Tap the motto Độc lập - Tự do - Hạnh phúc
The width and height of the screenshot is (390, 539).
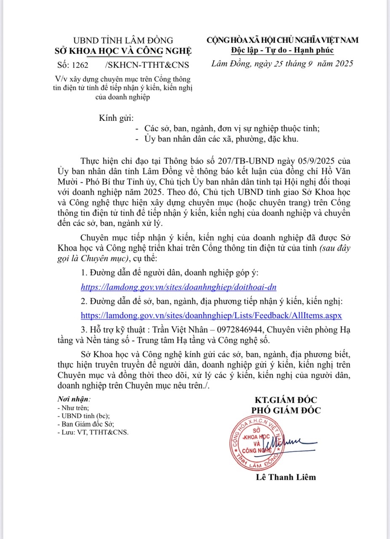click(x=282, y=51)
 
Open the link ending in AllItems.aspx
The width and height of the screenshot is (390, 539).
click(x=211, y=315)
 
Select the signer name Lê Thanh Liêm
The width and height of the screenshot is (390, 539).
click(x=286, y=477)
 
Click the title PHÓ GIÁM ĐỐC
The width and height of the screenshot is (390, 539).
click(x=286, y=410)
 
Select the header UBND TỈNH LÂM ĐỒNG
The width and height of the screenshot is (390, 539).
click(x=123, y=40)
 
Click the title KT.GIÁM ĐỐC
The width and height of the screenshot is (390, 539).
click(x=286, y=400)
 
